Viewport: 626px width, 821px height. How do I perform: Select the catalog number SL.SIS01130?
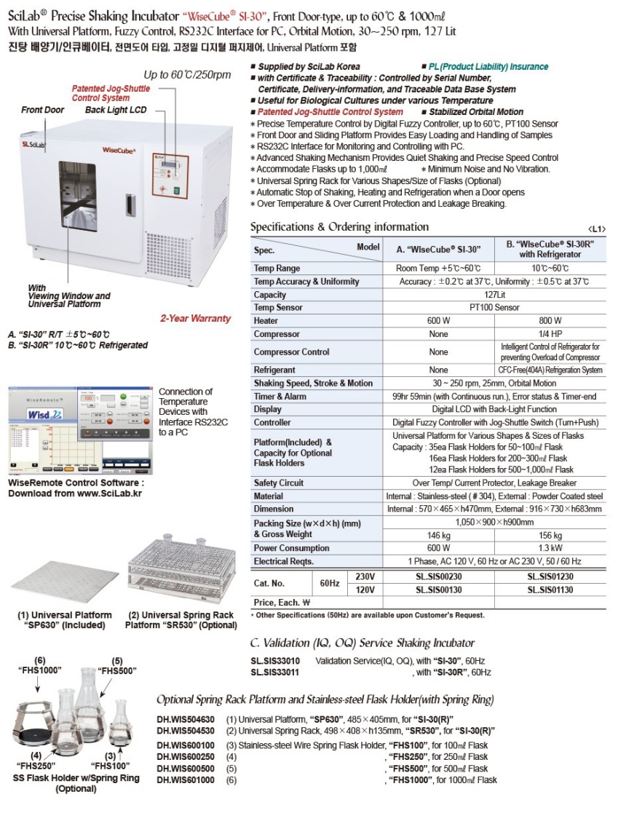(x=550, y=589)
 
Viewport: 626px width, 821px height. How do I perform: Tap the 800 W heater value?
(x=550, y=321)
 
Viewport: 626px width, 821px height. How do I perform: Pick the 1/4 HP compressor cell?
(x=550, y=334)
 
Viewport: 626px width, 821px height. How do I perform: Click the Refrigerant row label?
(x=276, y=369)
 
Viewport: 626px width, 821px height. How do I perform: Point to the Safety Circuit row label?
(x=279, y=483)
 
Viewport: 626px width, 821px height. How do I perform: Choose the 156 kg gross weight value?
(x=550, y=535)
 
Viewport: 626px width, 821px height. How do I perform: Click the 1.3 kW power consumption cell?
(x=550, y=548)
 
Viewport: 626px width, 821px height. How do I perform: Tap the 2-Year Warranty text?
(x=195, y=318)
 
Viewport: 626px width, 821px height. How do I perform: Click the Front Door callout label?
(x=43, y=110)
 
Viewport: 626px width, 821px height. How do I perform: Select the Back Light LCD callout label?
(x=115, y=110)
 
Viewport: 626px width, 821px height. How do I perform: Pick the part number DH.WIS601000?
(x=186, y=780)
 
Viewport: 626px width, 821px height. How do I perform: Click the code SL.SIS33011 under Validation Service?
(x=274, y=673)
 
